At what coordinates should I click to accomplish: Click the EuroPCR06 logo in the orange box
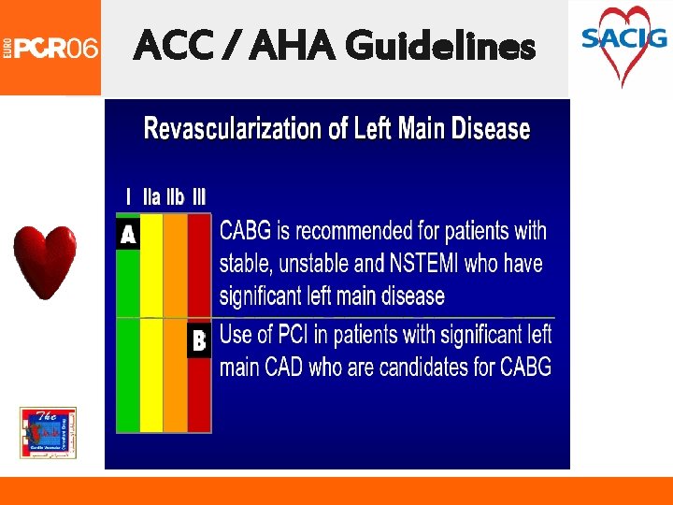click(50, 47)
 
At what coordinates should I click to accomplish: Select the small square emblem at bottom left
click(49, 433)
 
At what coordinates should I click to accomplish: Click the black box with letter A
click(128, 234)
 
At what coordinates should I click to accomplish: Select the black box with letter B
click(199, 341)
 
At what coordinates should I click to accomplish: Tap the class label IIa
click(151, 197)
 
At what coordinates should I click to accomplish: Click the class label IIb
click(175, 197)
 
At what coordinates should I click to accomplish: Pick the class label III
click(199, 197)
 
